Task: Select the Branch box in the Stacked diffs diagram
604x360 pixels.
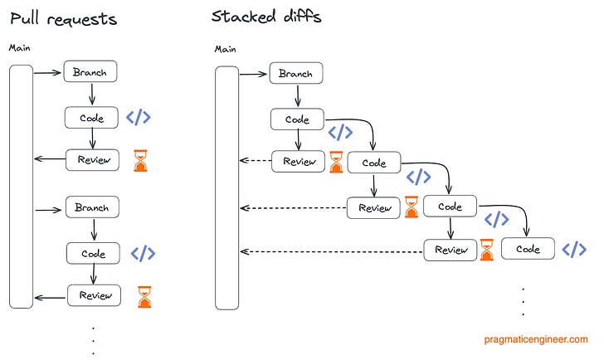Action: point(295,74)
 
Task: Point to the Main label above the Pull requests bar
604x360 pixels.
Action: point(20,48)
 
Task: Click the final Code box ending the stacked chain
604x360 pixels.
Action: point(527,249)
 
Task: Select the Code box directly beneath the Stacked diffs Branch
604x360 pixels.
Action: point(297,119)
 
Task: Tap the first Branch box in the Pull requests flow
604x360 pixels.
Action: point(90,71)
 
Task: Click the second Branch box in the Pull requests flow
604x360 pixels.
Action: point(92,207)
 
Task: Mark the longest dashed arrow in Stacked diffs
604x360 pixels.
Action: point(332,251)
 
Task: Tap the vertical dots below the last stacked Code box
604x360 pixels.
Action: point(524,301)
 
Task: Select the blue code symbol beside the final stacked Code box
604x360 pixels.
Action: point(574,250)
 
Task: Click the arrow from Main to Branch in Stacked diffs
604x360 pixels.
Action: point(255,73)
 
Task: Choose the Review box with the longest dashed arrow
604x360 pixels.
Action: point(451,250)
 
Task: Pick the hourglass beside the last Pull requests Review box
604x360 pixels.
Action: point(145,297)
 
